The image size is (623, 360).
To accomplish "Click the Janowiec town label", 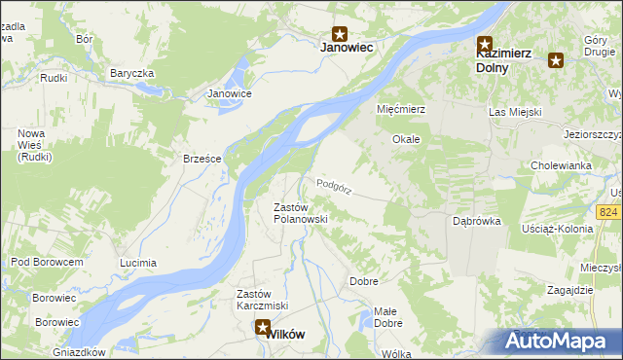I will (348, 46).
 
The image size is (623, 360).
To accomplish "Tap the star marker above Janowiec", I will (340, 32).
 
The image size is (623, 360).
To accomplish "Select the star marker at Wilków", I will (263, 329).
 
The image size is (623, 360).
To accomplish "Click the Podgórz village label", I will (334, 184).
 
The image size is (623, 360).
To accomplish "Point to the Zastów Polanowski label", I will (300, 213).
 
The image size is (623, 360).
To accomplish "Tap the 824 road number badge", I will (609, 212).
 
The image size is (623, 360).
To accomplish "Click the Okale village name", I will (406, 139).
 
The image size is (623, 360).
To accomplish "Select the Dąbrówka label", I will (477, 221).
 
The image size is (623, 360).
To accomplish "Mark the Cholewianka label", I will (562, 165).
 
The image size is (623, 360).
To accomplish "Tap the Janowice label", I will (231, 94).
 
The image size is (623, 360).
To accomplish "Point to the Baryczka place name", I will (132, 73).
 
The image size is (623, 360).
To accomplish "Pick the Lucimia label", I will (137, 263).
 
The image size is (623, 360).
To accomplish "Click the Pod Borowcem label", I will (47, 262).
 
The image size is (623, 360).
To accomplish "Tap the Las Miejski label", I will (514, 113).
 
